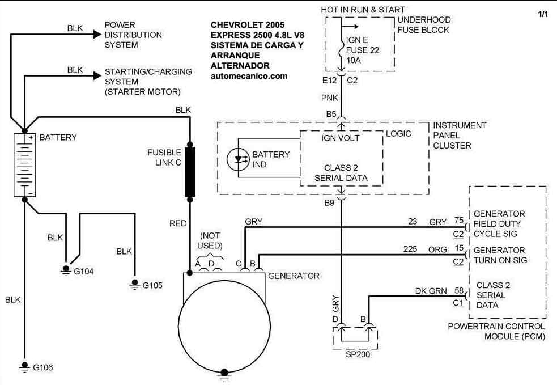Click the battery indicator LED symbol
(239, 159)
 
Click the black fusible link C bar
(190, 172)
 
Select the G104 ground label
(83, 272)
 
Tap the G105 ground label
(152, 285)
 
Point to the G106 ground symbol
(24, 367)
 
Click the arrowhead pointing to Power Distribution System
(97, 34)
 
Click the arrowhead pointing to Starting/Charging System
(97, 75)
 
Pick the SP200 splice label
(358, 354)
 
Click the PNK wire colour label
(330, 98)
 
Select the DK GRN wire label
(431, 291)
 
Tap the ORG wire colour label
(437, 249)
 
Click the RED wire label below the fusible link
(178, 223)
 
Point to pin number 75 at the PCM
(459, 221)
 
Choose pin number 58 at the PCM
(459, 290)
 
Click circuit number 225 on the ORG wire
(410, 249)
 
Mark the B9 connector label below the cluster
(329, 202)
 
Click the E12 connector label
(329, 81)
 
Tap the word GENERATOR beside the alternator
(294, 276)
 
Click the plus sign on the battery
(31, 138)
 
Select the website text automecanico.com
(249, 76)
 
